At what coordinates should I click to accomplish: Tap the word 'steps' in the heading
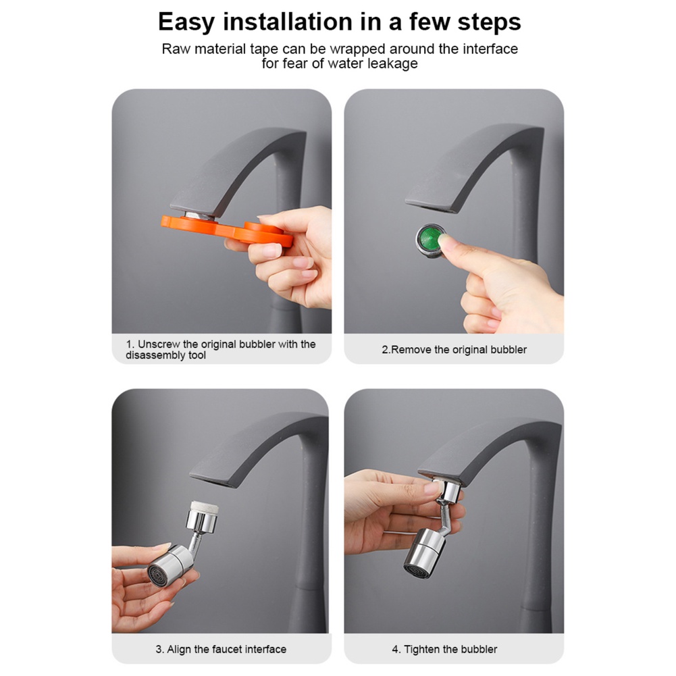pos(490,22)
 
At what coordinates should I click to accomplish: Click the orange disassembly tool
pos(227,231)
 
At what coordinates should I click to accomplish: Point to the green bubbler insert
pos(430,240)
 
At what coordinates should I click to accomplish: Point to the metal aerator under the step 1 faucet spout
pos(199,215)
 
